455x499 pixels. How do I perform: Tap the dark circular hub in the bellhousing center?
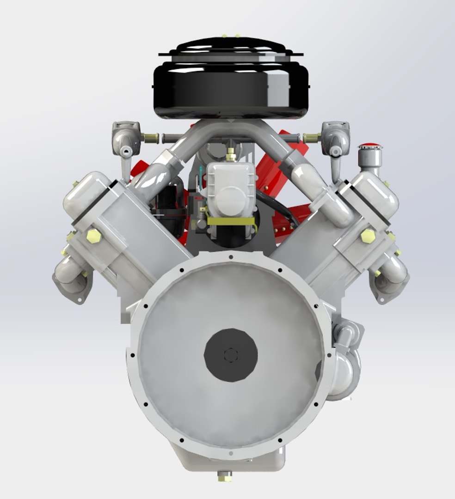(231, 355)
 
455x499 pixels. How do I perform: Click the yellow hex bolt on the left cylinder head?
(93, 236)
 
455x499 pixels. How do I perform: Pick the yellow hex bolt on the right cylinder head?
(368, 236)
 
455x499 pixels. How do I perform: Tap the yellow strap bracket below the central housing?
(231, 221)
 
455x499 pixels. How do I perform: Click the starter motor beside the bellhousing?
(345, 360)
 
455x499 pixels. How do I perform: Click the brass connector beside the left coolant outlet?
(151, 138)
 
